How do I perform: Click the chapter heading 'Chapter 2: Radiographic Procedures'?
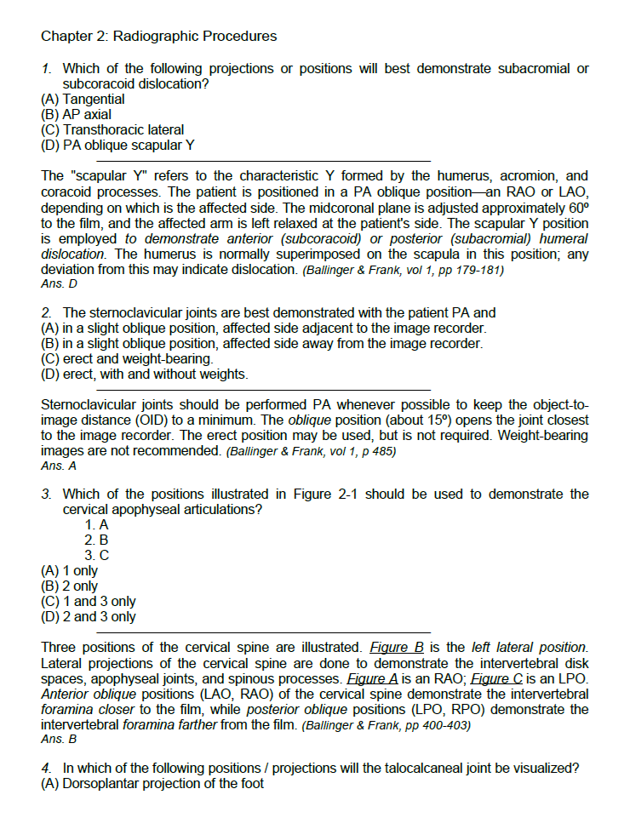(158, 36)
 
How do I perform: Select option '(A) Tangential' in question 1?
(83, 99)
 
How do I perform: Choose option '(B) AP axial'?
(76, 114)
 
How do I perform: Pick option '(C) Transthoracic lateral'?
(112, 129)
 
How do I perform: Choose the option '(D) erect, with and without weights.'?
(145, 374)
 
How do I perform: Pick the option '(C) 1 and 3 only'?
(88, 601)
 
